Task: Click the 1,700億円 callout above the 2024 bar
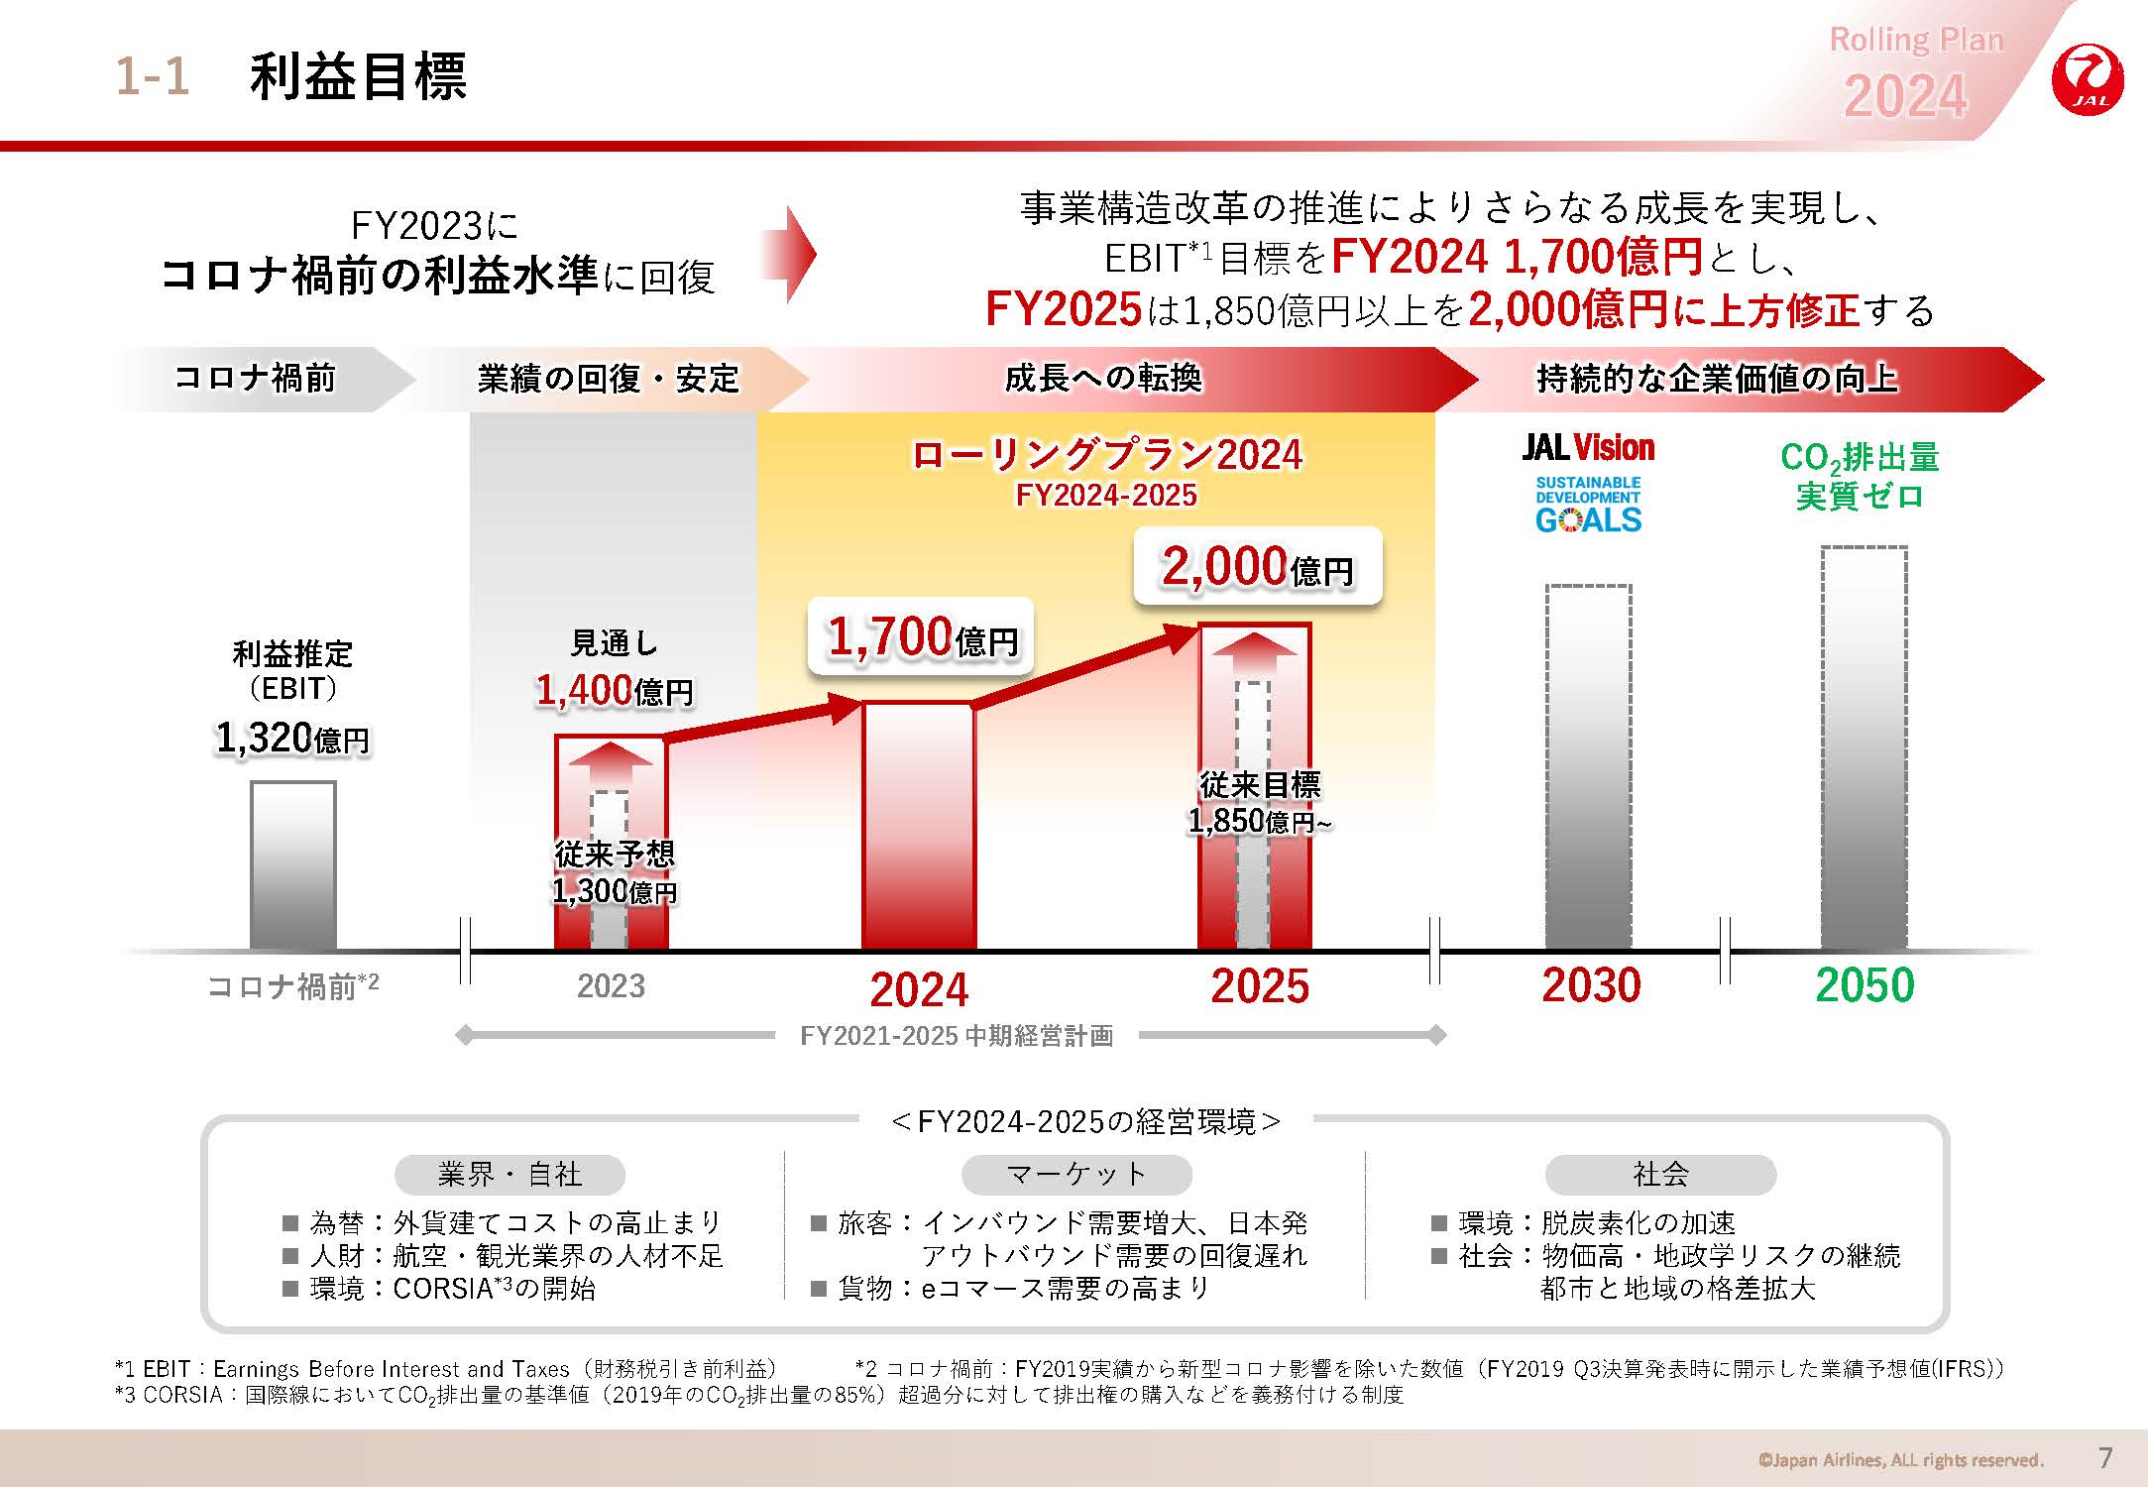tap(921, 637)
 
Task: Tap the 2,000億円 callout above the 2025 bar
tap(1257, 567)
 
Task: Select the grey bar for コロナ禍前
tap(292, 865)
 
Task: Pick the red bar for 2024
tap(919, 826)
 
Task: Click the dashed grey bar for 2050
tap(1864, 748)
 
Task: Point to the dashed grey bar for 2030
tap(1588, 767)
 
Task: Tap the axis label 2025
tap(1260, 986)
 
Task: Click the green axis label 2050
tap(1865, 985)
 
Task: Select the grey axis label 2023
tap(611, 986)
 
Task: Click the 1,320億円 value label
tap(292, 739)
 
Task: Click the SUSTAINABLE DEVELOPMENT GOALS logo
tap(1588, 506)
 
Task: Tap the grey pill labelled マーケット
tap(1075, 1175)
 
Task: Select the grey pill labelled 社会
tap(1660, 1175)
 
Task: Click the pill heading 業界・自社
tap(509, 1175)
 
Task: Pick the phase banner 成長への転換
tap(1103, 379)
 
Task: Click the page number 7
tap(2106, 1458)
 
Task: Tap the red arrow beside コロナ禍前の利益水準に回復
tap(790, 254)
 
